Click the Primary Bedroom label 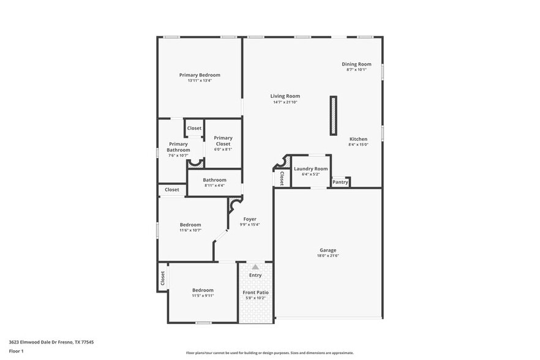click(x=200, y=75)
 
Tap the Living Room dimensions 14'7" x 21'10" click(x=285, y=102)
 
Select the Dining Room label click(x=356, y=64)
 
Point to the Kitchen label click(x=358, y=139)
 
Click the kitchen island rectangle click(x=334, y=115)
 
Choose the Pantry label click(x=340, y=182)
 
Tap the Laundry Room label click(x=310, y=168)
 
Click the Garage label click(x=328, y=250)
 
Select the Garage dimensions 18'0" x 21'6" click(x=328, y=256)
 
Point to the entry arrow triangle click(x=255, y=267)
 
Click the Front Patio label click(x=255, y=293)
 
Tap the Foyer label click(x=250, y=219)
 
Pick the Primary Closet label click(x=223, y=141)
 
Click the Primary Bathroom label click(x=179, y=147)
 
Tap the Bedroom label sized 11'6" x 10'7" click(x=190, y=224)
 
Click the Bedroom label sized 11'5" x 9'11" click(x=203, y=290)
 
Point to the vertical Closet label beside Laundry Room click(x=282, y=178)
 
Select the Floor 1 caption click(x=16, y=351)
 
